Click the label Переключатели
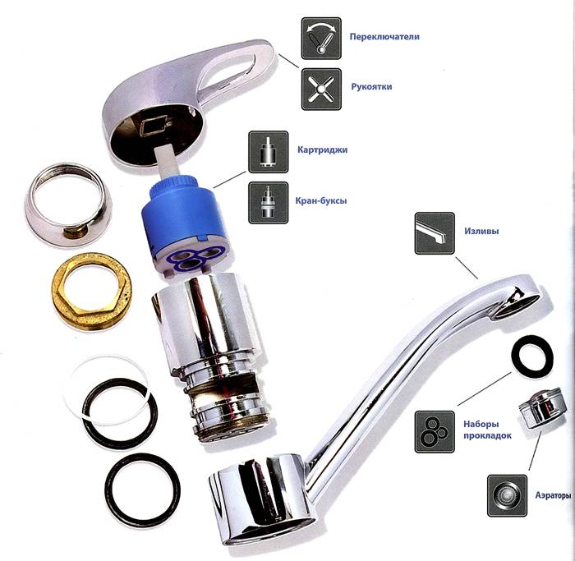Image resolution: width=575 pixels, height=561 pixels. pyautogui.click(x=384, y=37)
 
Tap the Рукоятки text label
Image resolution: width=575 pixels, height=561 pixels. pyautogui.click(x=371, y=87)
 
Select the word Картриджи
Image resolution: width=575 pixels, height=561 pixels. pyautogui.click(x=322, y=150)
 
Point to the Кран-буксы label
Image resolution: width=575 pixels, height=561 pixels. pyautogui.click(x=321, y=201)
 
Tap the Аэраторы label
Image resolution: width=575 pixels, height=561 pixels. pyautogui.click(x=553, y=495)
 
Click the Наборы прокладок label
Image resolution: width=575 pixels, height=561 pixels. pyautogui.click(x=487, y=430)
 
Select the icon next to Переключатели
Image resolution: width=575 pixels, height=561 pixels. pyautogui.click(x=321, y=39)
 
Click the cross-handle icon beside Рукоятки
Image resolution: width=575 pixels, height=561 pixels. pyautogui.click(x=321, y=89)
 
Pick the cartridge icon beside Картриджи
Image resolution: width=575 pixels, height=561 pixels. pyautogui.click(x=269, y=152)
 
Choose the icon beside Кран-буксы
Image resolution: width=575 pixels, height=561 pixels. pyautogui.click(x=269, y=203)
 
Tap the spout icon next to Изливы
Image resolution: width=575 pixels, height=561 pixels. pyautogui.click(x=435, y=233)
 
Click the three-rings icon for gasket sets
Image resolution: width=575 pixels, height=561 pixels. pyautogui.click(x=435, y=431)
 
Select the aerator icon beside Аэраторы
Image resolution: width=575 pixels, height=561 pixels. pyautogui.click(x=507, y=496)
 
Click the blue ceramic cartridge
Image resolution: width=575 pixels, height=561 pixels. pyautogui.click(x=188, y=228)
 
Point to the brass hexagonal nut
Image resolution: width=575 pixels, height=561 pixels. pyautogui.click(x=92, y=292)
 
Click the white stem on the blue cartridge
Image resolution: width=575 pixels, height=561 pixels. pyautogui.click(x=168, y=163)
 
